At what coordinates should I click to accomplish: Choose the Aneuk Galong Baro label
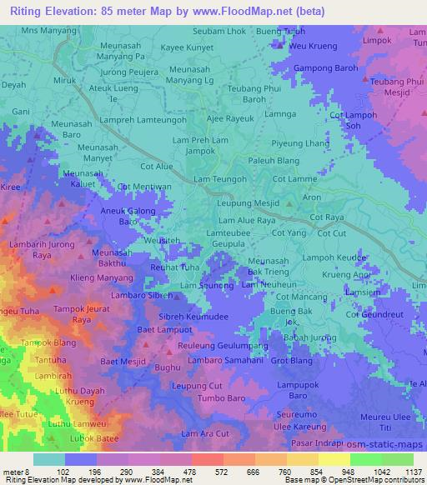pos(129,217)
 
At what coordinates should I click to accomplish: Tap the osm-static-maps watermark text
pos(385,447)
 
